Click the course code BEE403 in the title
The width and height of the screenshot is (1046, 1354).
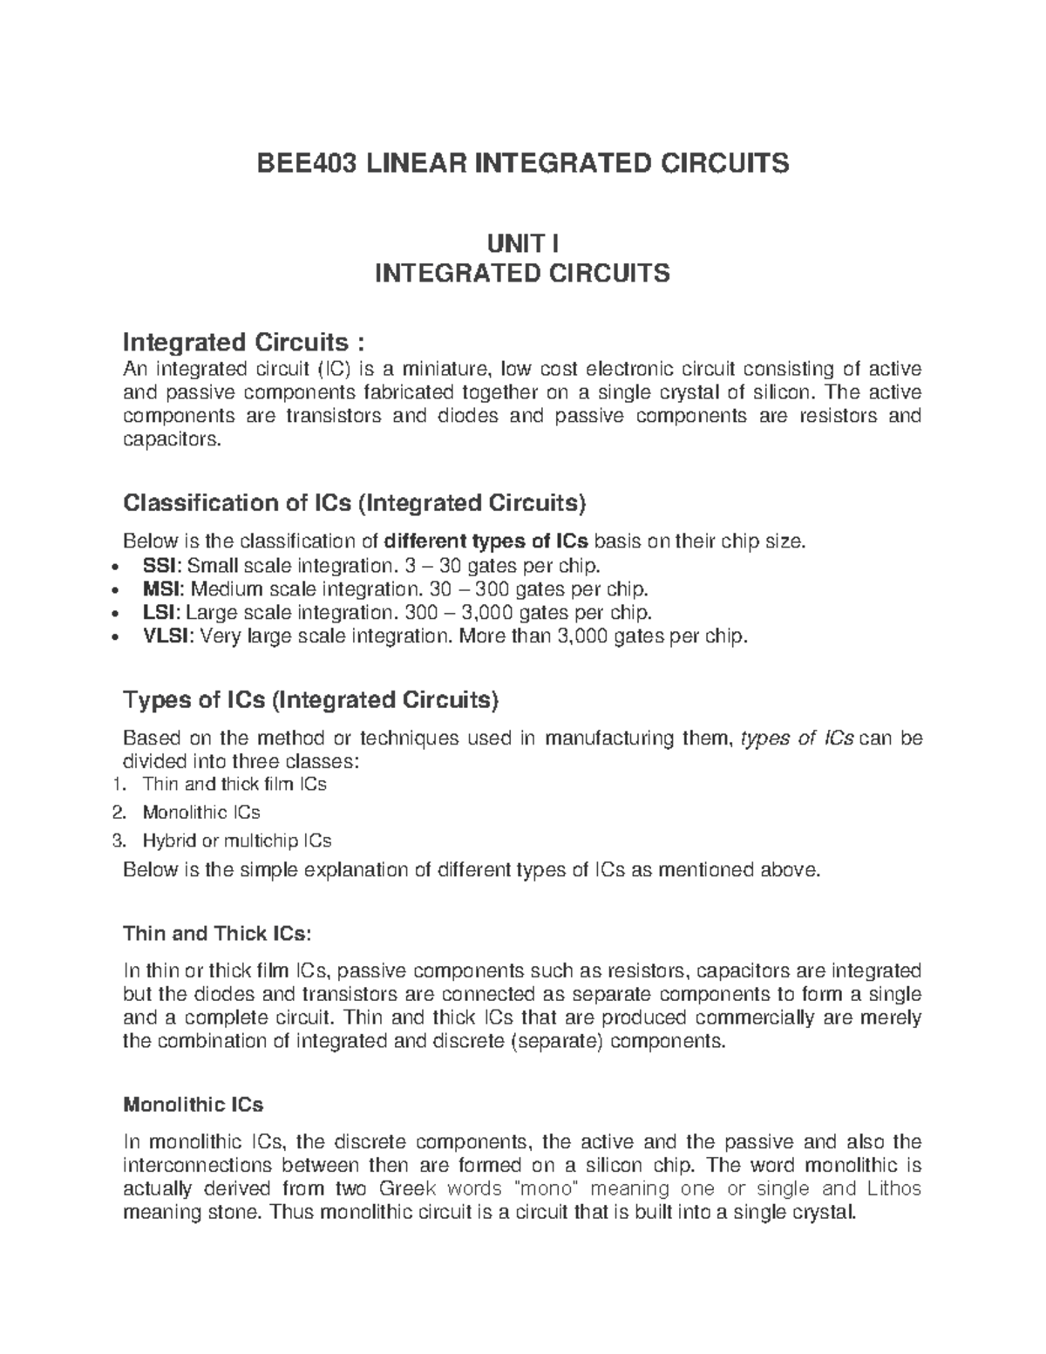tap(303, 163)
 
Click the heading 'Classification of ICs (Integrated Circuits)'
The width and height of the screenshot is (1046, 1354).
tap(356, 503)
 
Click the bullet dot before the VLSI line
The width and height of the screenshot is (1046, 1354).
tap(116, 638)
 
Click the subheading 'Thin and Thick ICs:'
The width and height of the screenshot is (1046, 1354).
tap(216, 934)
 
